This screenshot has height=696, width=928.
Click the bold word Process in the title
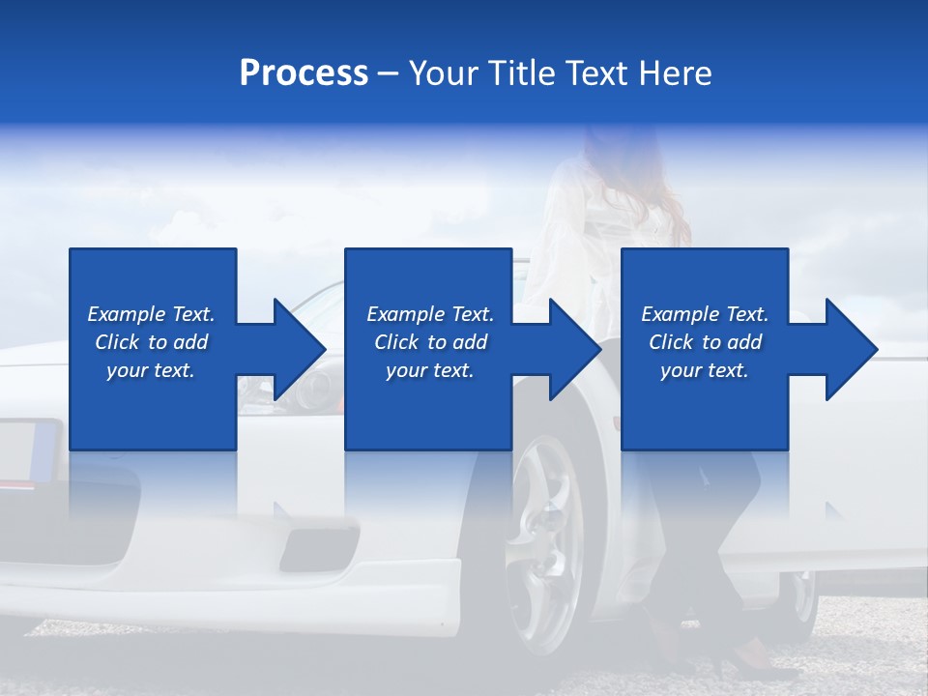304,73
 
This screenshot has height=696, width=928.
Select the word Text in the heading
597,73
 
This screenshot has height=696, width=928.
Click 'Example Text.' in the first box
151,314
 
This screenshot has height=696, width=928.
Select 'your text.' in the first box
151,370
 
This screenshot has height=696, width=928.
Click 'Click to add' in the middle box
430,342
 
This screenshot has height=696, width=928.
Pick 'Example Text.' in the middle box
430,314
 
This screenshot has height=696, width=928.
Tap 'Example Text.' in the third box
705,314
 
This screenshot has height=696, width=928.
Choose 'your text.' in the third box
705,370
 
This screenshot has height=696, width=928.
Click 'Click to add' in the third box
705,342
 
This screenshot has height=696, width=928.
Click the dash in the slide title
388,73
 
